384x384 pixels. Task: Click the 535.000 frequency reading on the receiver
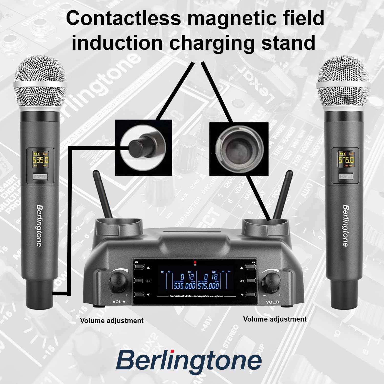(185, 286)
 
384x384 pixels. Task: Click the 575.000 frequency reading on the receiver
(208, 286)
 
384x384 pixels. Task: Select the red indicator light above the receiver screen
(195, 262)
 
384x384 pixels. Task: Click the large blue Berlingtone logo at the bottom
(189, 360)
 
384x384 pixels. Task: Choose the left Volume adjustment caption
(112, 321)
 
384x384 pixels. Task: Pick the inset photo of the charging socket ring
(239, 149)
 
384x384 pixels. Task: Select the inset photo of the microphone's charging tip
(143, 148)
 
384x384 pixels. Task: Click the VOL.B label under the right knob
(272, 302)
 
